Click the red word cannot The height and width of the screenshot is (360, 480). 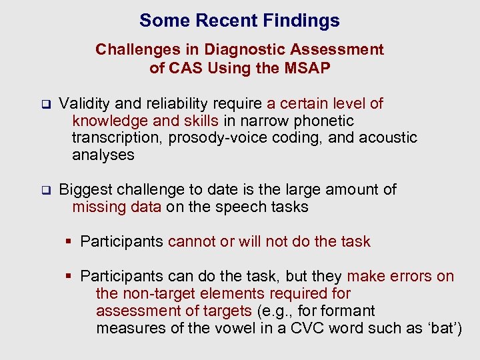click(x=191, y=241)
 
